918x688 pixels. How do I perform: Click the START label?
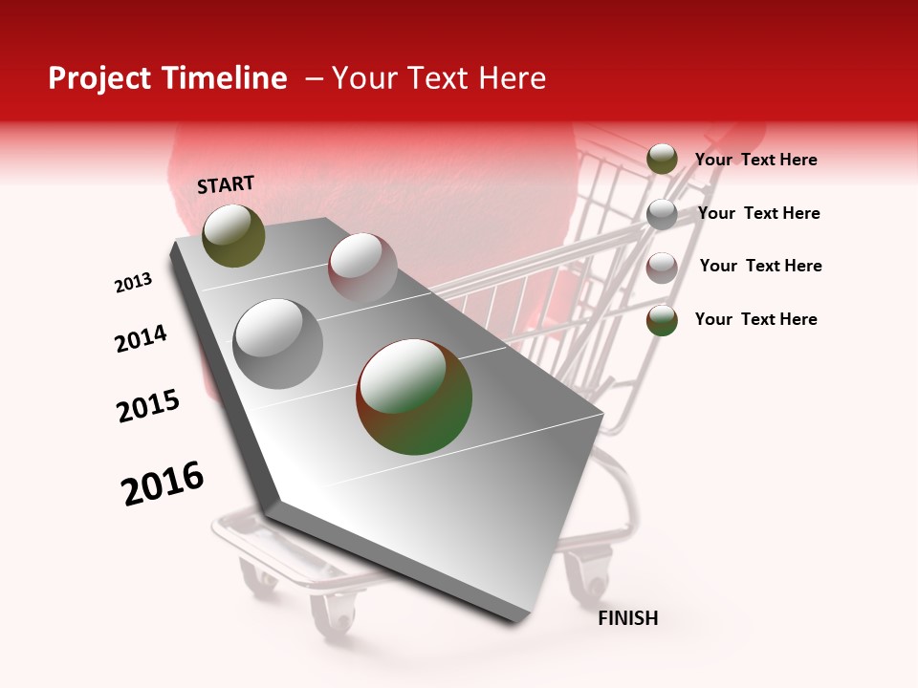point(226,184)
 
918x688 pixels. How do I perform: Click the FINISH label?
point(627,618)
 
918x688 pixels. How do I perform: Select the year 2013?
point(133,283)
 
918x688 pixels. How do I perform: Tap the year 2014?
point(141,338)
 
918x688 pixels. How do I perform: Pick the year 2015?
point(148,406)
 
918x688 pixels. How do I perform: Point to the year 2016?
point(163,484)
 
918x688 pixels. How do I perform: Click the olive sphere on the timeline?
point(233,235)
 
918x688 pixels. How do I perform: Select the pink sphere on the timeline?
point(362,268)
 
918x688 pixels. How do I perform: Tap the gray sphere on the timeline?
point(278,344)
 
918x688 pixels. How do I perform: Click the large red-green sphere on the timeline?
point(414,397)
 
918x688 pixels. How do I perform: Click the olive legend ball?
point(662,160)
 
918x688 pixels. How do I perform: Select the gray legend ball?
point(662,214)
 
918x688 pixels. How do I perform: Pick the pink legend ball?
point(662,268)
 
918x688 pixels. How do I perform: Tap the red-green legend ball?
point(662,320)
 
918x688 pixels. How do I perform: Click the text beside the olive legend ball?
point(755,160)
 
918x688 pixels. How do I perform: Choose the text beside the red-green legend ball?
point(755,319)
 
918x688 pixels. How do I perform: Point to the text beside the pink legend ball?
point(760,266)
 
